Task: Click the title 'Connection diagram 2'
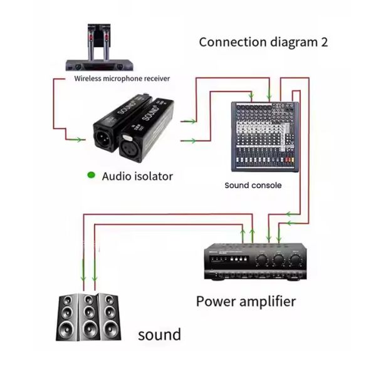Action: pos(263,43)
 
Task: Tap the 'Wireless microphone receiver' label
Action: pos(122,79)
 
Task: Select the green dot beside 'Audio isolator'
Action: pos(91,175)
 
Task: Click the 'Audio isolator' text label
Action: pos(137,176)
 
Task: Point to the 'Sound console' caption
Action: pos(253,185)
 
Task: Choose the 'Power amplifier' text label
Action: pos(246,301)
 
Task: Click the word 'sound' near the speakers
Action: pos(159,334)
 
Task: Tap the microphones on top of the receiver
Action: pos(96,39)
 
